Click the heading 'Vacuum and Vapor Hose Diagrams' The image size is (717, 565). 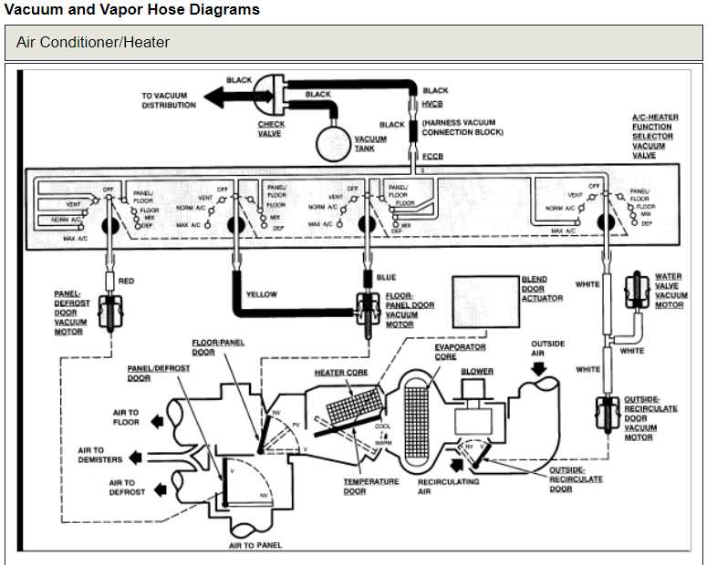tap(132, 10)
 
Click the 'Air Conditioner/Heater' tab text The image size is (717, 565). tap(93, 42)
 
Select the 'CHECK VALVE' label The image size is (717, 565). tap(271, 128)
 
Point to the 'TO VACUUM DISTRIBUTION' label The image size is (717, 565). tap(169, 100)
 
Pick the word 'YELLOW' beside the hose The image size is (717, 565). tap(261, 295)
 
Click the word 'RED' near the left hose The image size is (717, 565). tap(126, 281)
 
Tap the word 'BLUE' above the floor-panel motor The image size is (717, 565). tap(386, 277)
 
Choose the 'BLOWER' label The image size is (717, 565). tap(476, 372)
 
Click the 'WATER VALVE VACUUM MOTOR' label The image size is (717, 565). tap(669, 291)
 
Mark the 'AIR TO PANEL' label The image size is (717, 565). tap(255, 545)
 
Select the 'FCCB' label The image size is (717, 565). tap(432, 157)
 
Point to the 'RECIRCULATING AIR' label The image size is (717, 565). tap(448, 486)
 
